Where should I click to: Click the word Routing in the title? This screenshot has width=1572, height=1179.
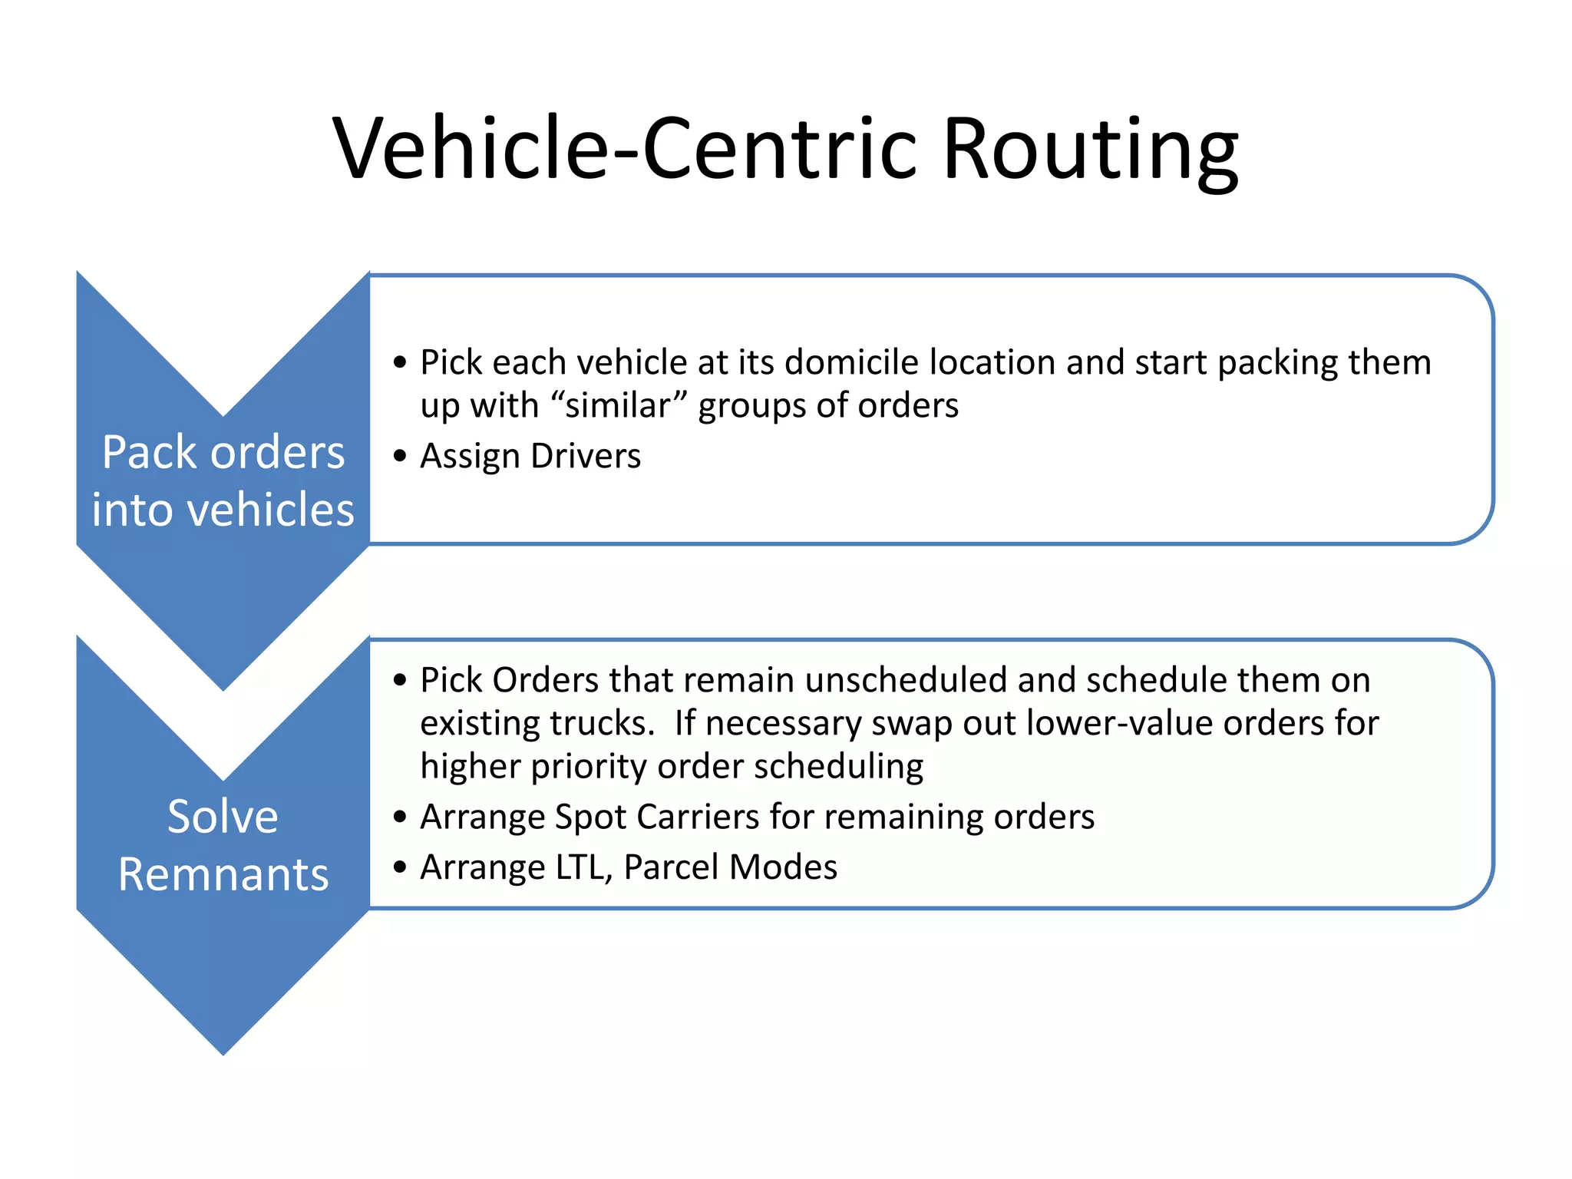[1089, 150]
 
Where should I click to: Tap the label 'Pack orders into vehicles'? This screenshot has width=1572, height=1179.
[223, 481]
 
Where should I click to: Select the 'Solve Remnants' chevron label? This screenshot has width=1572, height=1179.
[223, 844]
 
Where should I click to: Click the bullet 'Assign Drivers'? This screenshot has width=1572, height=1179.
[530, 456]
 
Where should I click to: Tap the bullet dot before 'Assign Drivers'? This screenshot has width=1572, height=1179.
[399, 457]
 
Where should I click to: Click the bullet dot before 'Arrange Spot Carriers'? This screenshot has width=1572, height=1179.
[399, 817]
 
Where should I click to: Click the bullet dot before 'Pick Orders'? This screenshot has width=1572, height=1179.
[399, 681]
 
